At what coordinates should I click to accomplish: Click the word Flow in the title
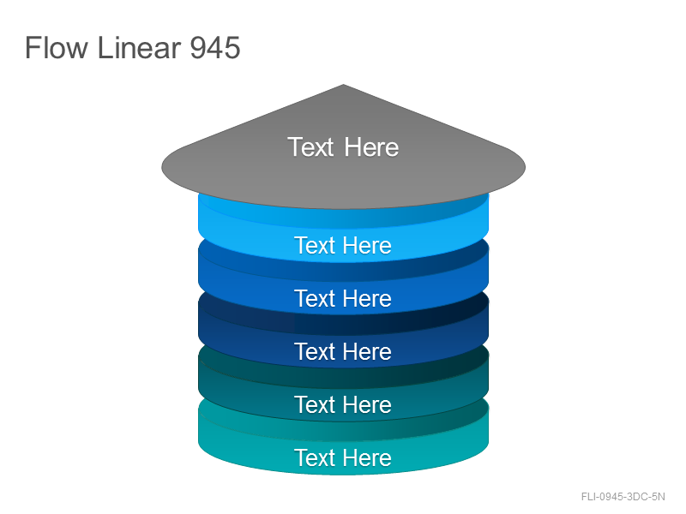[x=57, y=47]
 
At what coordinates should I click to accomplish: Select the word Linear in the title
[x=139, y=47]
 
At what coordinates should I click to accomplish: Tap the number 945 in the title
[x=215, y=47]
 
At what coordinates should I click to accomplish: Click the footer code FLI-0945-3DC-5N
[x=623, y=497]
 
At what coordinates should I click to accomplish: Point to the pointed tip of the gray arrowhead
[x=344, y=85]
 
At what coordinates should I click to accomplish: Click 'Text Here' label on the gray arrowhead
[x=343, y=146]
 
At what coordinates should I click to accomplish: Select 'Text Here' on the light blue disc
[x=343, y=245]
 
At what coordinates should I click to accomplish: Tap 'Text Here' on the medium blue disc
[x=343, y=298]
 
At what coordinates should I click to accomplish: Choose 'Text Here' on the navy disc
[x=343, y=351]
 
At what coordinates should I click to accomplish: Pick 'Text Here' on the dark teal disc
[x=343, y=404]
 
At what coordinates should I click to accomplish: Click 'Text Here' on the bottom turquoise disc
[x=343, y=457]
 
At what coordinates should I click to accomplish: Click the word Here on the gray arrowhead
[x=371, y=146]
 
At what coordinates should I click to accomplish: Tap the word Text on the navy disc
[x=315, y=351]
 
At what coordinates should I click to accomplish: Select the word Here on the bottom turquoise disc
[x=368, y=457]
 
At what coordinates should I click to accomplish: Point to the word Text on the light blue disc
[x=315, y=245]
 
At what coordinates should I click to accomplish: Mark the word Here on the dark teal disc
[x=368, y=404]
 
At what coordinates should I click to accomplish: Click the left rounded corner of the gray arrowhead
[x=163, y=167]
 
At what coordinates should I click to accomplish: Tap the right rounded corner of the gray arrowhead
[x=524, y=167]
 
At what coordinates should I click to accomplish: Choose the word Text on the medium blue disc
[x=315, y=298]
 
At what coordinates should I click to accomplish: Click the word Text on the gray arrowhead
[x=310, y=146]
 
